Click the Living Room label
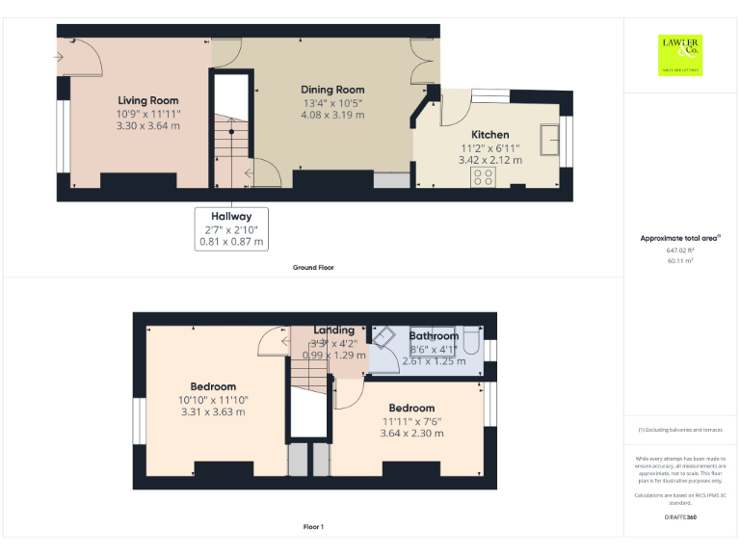coord(148,100)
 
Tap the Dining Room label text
coord(332,90)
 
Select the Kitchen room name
coord(489,135)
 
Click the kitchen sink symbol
coord(552,138)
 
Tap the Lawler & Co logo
coord(680,55)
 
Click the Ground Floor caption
coord(313,267)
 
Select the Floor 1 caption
coord(313,527)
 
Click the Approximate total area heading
coord(680,237)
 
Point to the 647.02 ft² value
coord(680,250)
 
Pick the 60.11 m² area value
coord(680,260)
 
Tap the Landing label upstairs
coord(333,330)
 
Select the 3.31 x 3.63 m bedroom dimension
coord(213,412)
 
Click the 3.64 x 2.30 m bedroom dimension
coord(411,434)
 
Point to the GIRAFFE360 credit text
coord(680,518)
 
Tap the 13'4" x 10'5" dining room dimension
coord(332,102)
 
